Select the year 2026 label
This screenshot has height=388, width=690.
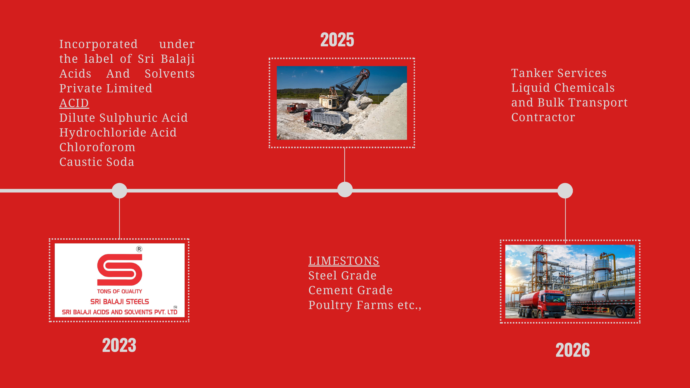573,350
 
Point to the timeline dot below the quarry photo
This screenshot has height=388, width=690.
345,190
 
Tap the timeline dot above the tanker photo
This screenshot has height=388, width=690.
565,191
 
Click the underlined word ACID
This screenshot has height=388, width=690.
74,103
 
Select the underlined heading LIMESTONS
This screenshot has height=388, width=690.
344,261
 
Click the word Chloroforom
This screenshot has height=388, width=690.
97,147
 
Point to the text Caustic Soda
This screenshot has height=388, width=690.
97,162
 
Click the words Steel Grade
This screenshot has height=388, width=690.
342,276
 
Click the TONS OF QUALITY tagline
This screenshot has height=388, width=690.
119,291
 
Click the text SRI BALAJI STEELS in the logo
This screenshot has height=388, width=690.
119,302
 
